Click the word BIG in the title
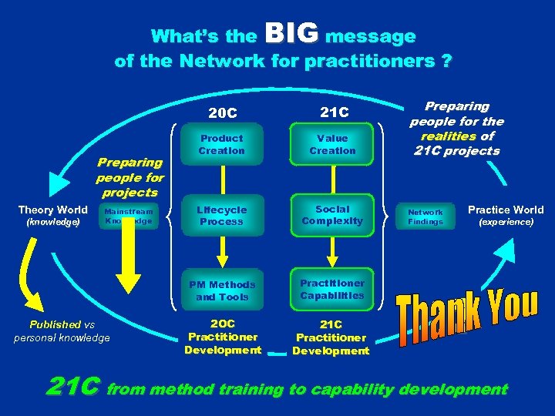tap(291, 33)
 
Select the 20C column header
tap(223, 113)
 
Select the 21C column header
tap(332, 113)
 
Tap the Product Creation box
tap(221, 144)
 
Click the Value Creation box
tap(332, 144)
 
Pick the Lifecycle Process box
tap(222, 216)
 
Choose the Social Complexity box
tap(332, 215)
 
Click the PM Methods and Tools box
tap(222, 290)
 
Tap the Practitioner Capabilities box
tap(332, 289)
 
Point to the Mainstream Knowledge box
tap(128, 216)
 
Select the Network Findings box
tap(425, 216)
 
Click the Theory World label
tap(53, 210)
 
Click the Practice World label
tap(506, 210)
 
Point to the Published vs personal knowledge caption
tap(62, 330)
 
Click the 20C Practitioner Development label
tap(222, 337)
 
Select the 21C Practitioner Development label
tap(331, 337)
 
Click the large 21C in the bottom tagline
tap(73, 387)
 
